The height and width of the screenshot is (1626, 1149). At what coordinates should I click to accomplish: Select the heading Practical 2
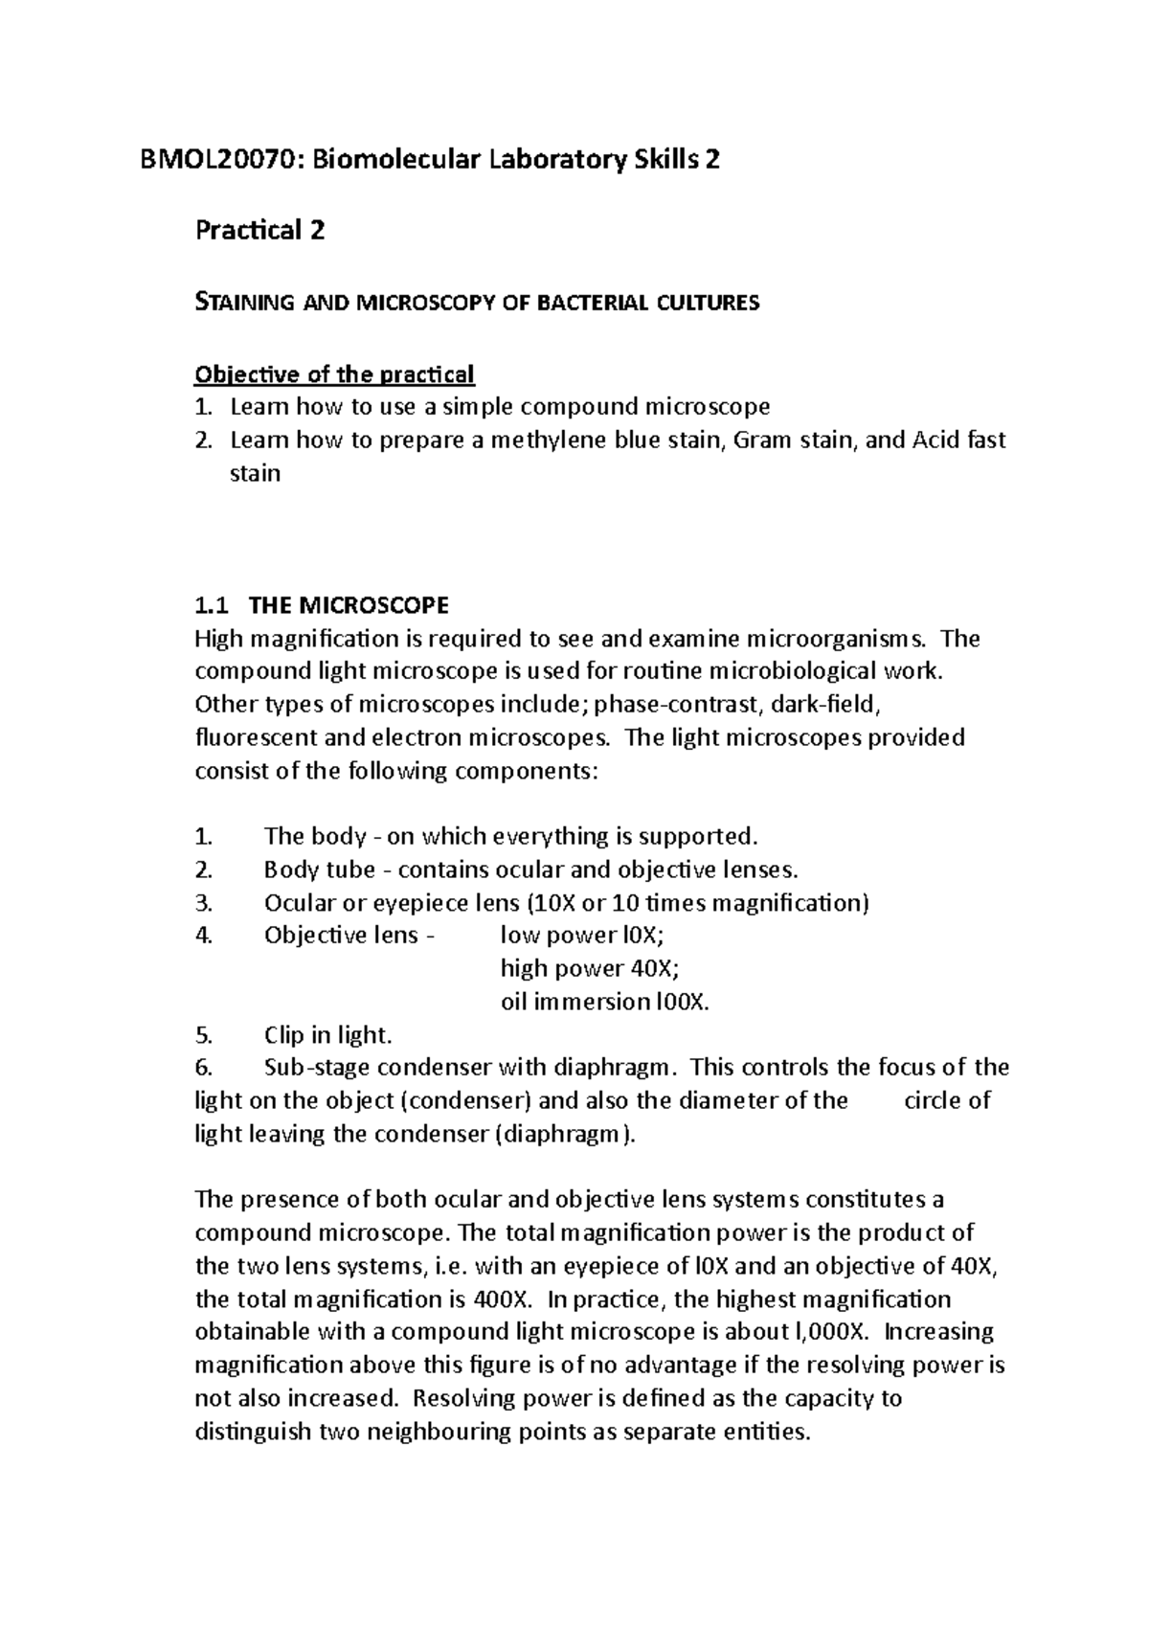[x=259, y=231]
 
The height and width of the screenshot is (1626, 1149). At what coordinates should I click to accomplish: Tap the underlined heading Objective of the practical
[x=334, y=373]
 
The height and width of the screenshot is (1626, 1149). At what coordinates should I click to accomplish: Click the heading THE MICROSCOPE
[x=348, y=605]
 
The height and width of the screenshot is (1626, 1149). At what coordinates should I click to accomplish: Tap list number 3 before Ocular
[x=202, y=903]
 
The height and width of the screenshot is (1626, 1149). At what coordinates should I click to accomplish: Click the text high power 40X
[x=589, y=968]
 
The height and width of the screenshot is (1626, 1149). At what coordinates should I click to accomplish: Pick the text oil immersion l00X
[x=605, y=1002]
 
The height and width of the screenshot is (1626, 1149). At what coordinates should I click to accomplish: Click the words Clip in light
[x=327, y=1035]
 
